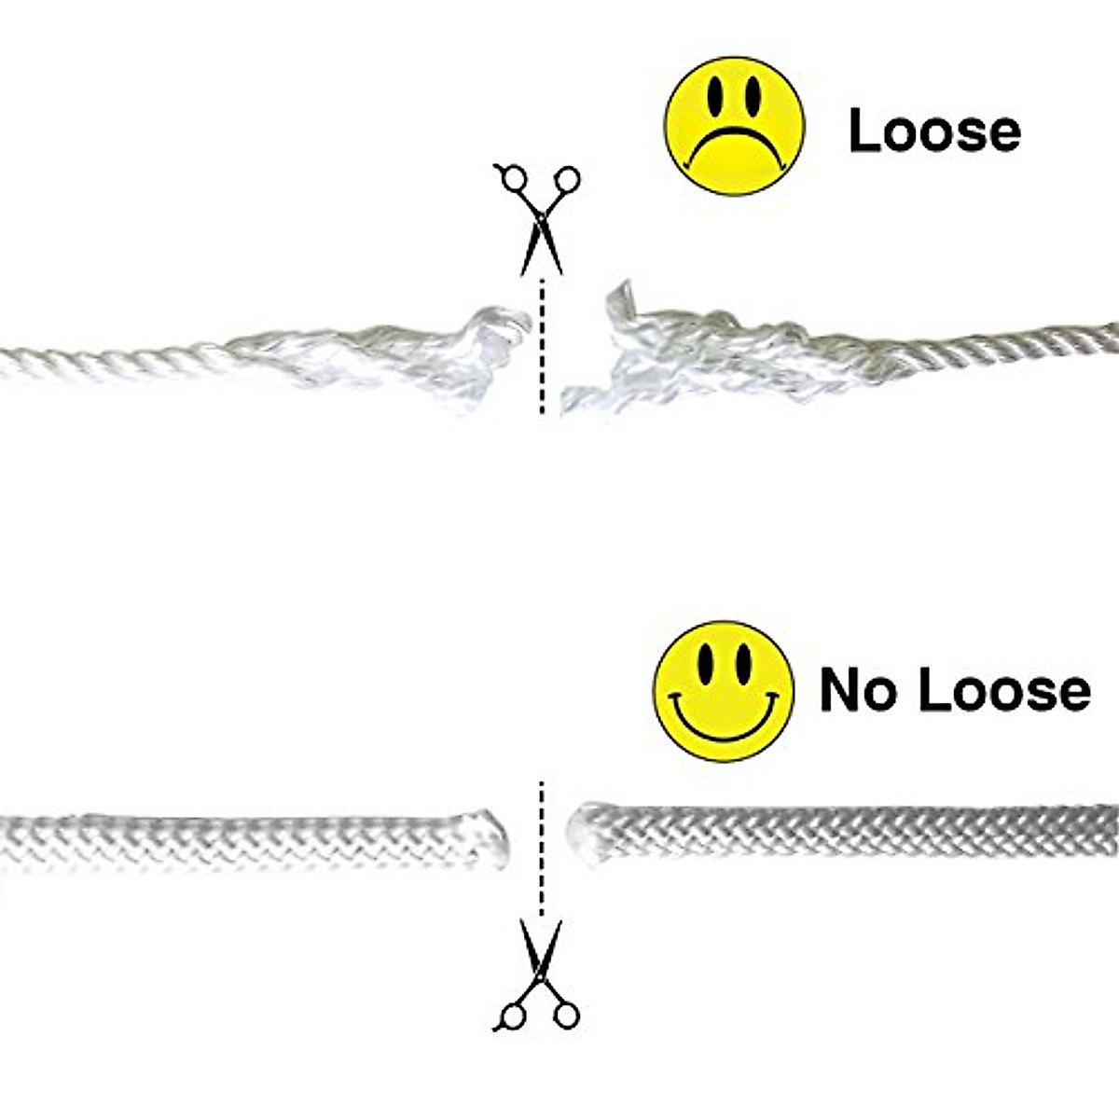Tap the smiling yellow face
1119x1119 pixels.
pos(724,690)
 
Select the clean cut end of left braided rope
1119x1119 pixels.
pos(494,833)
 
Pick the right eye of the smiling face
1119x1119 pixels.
pos(743,662)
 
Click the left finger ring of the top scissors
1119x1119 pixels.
pos(511,179)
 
